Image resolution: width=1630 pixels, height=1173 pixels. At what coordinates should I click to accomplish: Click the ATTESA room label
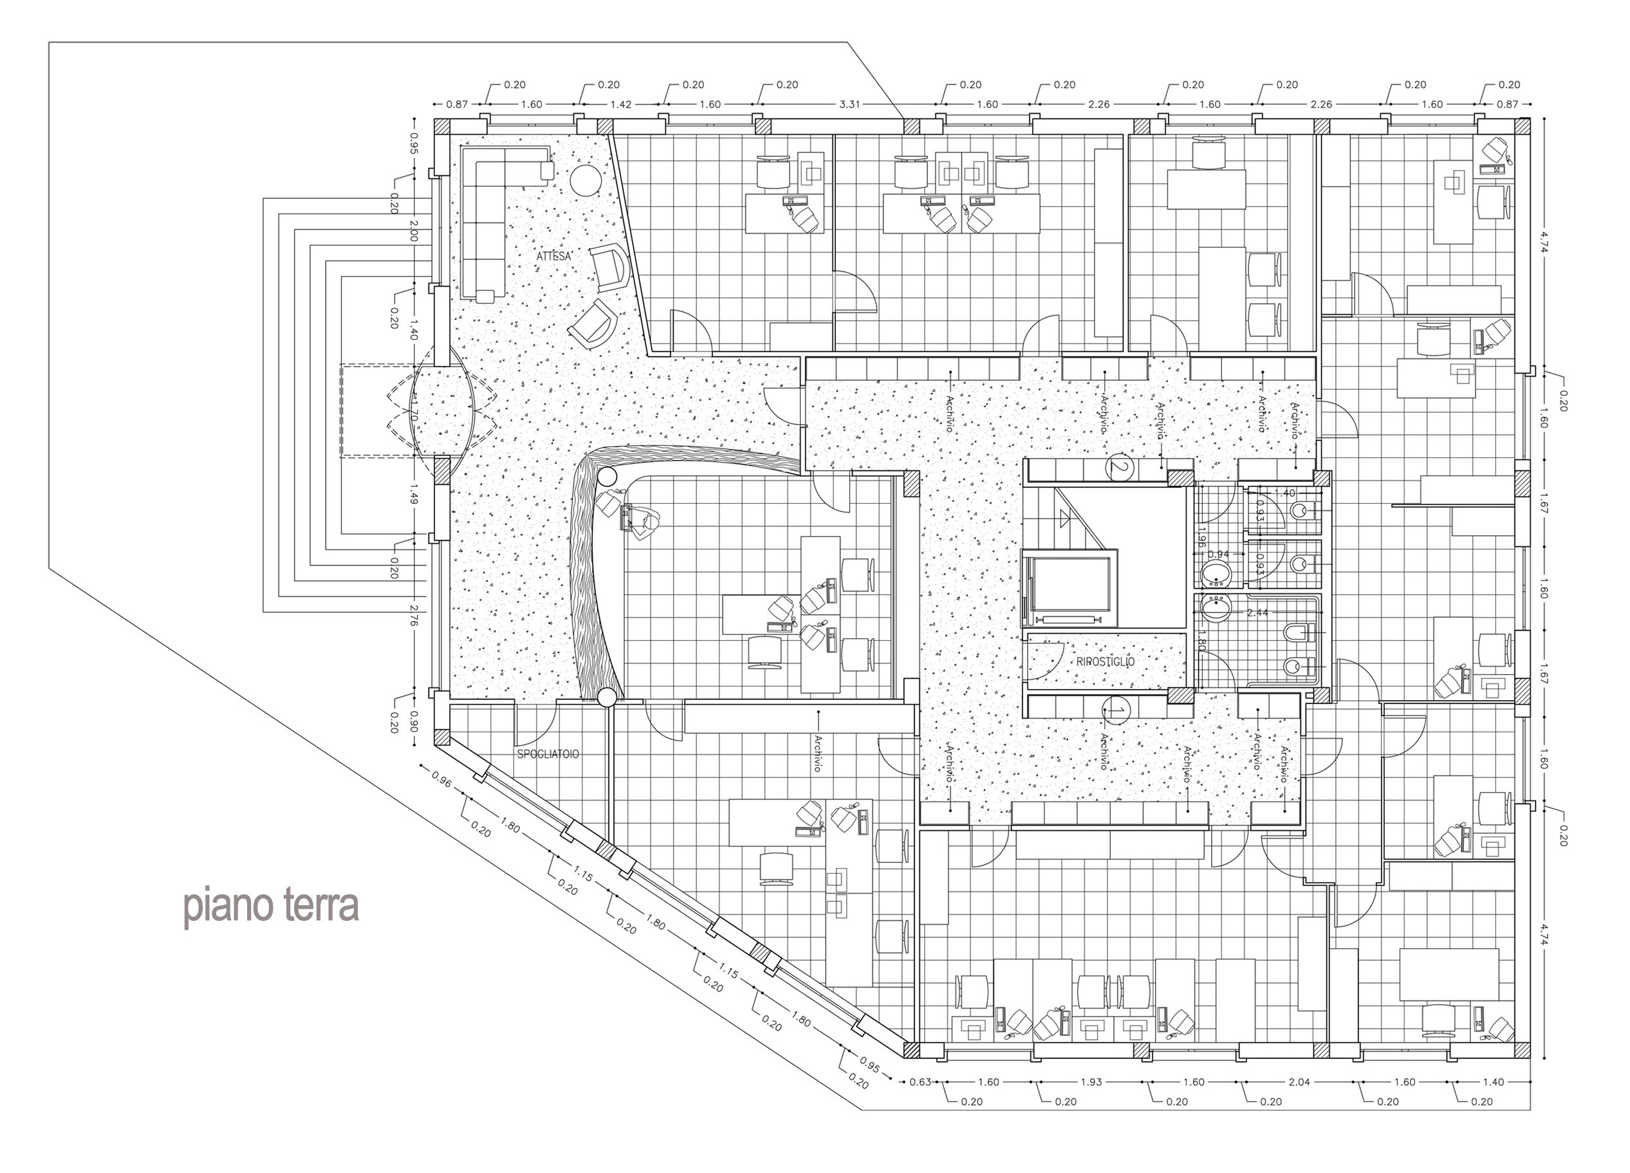pyautogui.click(x=553, y=255)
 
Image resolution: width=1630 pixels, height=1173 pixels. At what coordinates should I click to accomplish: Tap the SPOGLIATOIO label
pyautogui.click(x=548, y=754)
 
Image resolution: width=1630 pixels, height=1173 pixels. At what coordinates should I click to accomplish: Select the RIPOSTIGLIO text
pyautogui.click(x=1106, y=661)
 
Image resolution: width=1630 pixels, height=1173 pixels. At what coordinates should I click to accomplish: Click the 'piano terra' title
pyautogui.click(x=272, y=907)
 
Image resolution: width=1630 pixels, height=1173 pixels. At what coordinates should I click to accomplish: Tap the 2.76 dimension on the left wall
pyautogui.click(x=413, y=616)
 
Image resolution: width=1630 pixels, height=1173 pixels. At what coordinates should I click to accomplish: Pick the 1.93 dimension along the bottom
pyautogui.click(x=1091, y=1082)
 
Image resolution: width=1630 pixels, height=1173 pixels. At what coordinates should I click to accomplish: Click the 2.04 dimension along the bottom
pyautogui.click(x=1299, y=1082)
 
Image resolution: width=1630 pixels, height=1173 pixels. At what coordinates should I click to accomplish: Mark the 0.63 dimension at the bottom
pyautogui.click(x=920, y=1082)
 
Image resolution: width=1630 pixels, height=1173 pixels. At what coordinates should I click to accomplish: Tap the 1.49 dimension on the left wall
pyautogui.click(x=413, y=496)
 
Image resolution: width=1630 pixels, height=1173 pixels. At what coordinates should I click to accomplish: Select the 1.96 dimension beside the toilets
pyautogui.click(x=1199, y=539)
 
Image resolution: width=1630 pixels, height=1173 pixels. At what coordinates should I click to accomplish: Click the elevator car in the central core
pyautogui.click(x=1070, y=588)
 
